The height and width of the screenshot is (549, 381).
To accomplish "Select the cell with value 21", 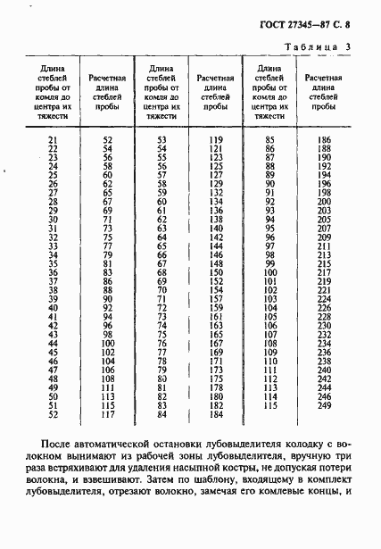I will tap(51, 140).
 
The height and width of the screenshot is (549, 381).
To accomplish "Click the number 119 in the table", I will tap(216, 140).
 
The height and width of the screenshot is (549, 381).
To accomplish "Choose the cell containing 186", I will tap(323, 140).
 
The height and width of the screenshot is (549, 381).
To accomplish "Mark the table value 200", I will tap(323, 202).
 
